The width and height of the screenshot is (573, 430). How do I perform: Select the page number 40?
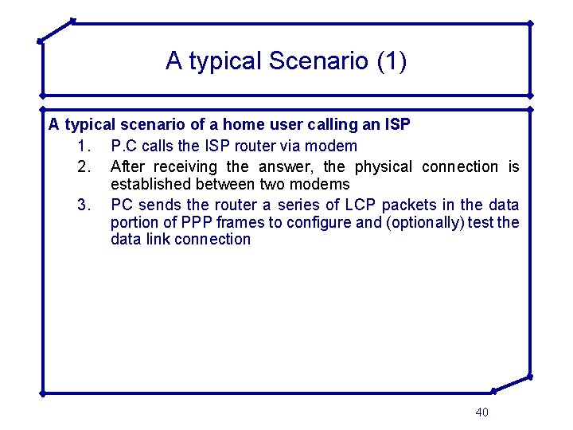tap(481, 412)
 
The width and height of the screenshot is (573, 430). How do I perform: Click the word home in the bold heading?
tap(243, 125)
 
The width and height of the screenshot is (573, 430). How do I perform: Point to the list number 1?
tap(86, 146)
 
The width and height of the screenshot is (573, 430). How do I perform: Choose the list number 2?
tap(86, 166)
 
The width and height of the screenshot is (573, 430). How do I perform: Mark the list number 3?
tap(86, 205)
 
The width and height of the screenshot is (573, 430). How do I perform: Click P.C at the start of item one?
tap(124, 146)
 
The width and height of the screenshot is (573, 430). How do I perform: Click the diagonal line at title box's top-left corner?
tap(56, 30)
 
